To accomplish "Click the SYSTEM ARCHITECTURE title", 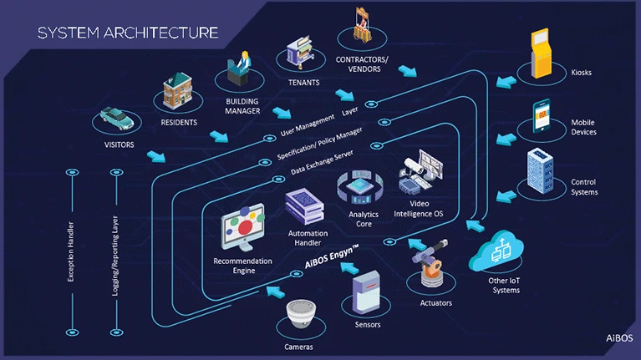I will pos(129,33).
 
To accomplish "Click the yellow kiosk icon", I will pos(544,54).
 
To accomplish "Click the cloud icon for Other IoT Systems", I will pos(503,248).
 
